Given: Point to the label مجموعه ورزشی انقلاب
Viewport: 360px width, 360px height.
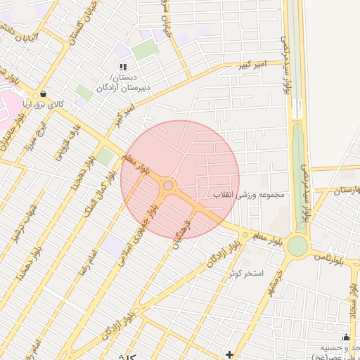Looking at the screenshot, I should point(249,194).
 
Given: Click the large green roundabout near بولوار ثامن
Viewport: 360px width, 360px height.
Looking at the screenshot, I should point(297,245).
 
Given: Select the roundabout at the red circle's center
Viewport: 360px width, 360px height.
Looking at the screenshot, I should point(168,186).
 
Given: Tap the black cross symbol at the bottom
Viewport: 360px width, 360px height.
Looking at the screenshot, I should point(230,353).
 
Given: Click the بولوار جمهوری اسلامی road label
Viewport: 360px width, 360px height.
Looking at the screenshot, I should point(150,219).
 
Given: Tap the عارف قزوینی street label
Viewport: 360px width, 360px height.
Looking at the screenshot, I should point(72,139).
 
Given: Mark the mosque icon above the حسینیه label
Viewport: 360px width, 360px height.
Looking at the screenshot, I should point(345,337).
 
